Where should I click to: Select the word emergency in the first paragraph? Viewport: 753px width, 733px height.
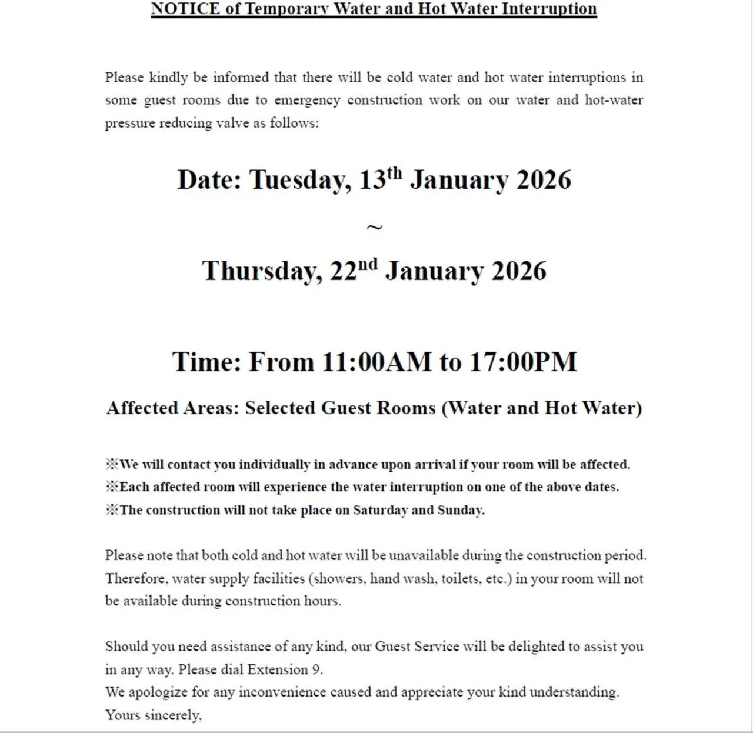pos(307,101)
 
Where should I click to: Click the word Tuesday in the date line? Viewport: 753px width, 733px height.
pos(301,180)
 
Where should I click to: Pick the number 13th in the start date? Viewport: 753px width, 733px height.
pos(381,179)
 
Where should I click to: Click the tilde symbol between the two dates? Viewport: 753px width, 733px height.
pos(374,227)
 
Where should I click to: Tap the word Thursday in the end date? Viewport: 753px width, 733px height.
pos(262,271)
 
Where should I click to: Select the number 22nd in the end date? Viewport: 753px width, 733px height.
pos(354,270)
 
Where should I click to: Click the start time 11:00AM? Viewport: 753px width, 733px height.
pos(376,362)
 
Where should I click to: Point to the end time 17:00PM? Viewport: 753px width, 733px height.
pos(523,362)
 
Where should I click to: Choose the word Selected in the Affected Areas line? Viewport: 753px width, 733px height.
pos(280,408)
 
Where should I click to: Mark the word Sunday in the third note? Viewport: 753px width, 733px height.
pos(461,510)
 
